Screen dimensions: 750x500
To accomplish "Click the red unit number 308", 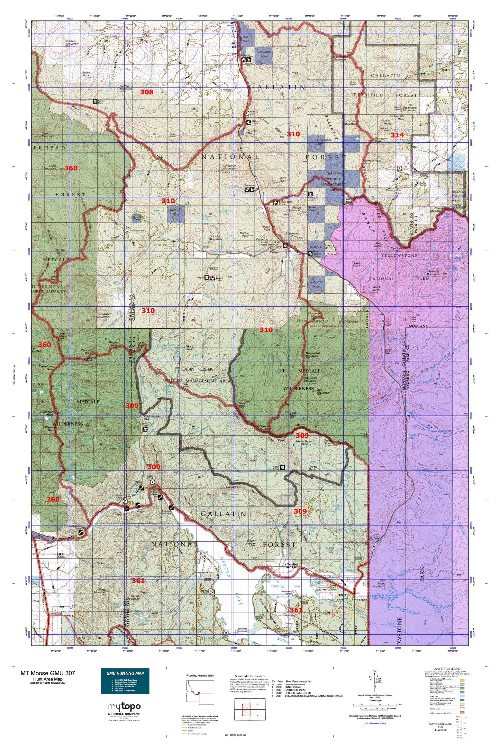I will pos(146,92).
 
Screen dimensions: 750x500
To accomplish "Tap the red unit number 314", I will pos(397,135).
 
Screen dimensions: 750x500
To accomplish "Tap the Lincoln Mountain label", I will pos(216,237).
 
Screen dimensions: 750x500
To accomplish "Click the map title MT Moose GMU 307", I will pos(47,673).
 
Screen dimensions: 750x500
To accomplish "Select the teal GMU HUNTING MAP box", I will pos(125,681).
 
